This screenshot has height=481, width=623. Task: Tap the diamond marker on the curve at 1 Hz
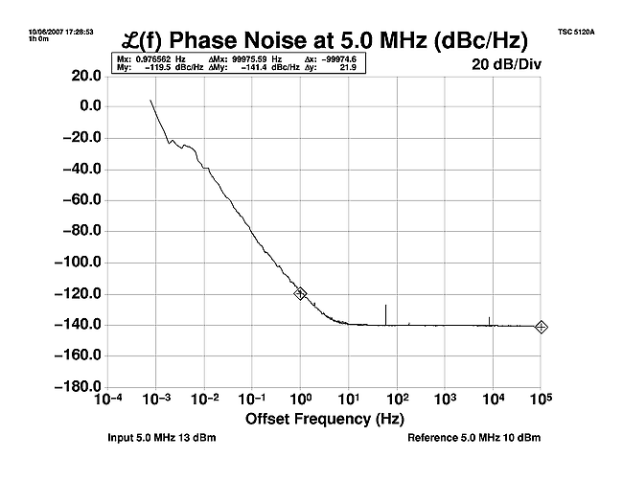(300, 293)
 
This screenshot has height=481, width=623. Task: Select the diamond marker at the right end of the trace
(542, 327)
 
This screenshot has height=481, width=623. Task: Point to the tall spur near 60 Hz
(385, 313)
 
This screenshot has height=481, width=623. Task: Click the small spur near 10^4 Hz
(489, 320)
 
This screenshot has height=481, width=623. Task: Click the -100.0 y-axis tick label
(76, 263)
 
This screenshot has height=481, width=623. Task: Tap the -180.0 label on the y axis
(76, 387)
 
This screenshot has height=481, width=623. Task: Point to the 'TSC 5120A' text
(576, 32)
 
